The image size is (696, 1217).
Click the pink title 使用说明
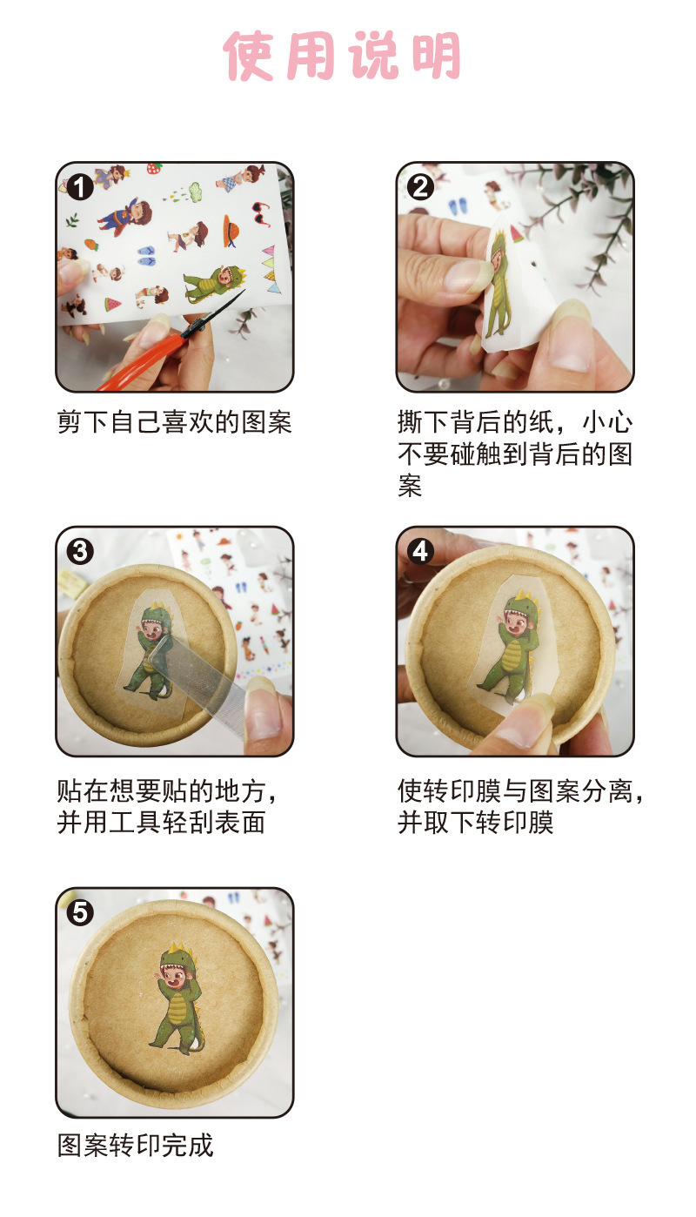pyautogui.click(x=342, y=57)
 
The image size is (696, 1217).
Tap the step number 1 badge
pyautogui.click(x=80, y=186)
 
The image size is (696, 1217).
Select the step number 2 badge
pyautogui.click(x=421, y=186)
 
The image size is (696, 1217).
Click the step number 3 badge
pyautogui.click(x=80, y=551)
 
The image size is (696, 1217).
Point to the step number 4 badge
pyautogui.click(x=421, y=551)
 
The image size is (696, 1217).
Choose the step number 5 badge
pyautogui.click(x=80, y=912)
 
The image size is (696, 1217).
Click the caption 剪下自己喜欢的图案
pyautogui.click(x=174, y=423)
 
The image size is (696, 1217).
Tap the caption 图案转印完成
pyautogui.click(x=135, y=1146)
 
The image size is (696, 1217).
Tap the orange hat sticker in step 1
pyautogui.click(x=232, y=230)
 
